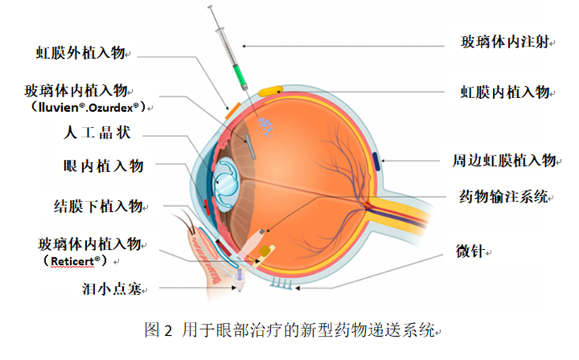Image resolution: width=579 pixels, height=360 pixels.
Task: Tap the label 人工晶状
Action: pos(97,134)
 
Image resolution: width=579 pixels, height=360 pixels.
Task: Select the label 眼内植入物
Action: pos(103,165)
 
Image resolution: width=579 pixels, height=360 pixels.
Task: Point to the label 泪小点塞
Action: pos(111,288)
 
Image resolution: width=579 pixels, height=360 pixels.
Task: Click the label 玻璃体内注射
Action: pos(507,42)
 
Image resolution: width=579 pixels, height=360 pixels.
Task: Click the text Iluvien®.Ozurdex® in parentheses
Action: pos(88,107)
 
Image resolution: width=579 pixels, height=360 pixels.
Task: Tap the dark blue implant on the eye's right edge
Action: pos(376,160)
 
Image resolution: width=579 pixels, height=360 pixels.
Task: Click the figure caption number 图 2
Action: pos(159,330)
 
